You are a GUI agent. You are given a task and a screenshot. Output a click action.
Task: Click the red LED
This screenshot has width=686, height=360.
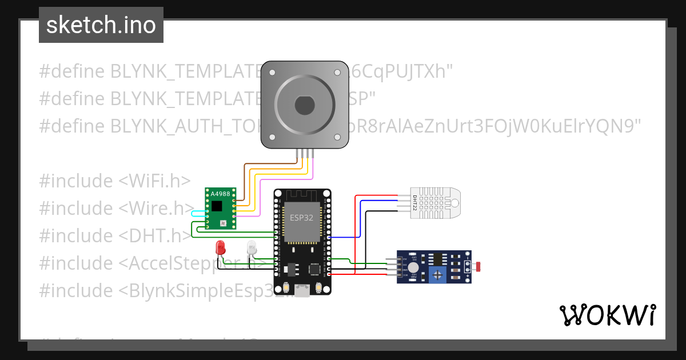(x=220, y=247)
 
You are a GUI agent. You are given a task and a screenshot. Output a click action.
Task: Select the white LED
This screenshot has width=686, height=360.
(x=252, y=247)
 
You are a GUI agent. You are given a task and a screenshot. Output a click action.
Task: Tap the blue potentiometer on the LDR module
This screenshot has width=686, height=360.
(x=438, y=275)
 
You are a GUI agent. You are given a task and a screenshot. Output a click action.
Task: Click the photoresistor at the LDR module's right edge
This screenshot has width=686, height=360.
(x=478, y=266)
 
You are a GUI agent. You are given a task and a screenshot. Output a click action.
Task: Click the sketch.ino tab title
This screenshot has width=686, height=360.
(x=101, y=25)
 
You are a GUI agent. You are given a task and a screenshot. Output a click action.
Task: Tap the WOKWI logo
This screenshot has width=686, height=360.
(x=607, y=315)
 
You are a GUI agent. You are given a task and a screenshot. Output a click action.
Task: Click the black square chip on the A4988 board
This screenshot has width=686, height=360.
(x=217, y=206)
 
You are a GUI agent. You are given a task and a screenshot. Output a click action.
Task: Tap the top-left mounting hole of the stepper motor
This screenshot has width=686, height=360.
(x=273, y=73)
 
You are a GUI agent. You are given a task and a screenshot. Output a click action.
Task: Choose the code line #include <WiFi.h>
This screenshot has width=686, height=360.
(x=114, y=181)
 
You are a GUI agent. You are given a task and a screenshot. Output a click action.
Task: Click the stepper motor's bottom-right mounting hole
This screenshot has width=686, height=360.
(x=337, y=138)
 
